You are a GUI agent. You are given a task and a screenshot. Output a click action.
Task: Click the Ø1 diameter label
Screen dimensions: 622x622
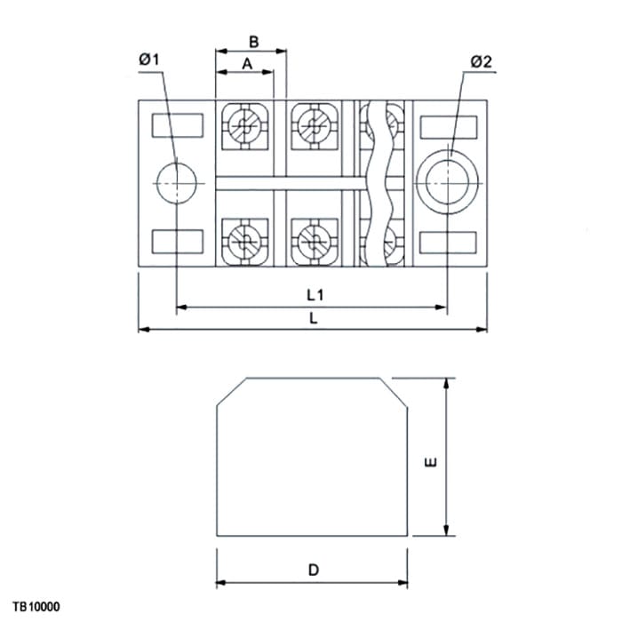click(x=148, y=60)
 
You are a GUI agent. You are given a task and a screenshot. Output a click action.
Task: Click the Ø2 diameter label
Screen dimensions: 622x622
click(x=482, y=61)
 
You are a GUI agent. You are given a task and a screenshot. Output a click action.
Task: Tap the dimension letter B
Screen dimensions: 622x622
click(x=254, y=42)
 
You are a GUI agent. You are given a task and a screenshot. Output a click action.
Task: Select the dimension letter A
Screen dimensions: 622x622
click(x=247, y=63)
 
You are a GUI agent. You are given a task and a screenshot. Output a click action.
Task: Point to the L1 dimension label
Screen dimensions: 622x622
click(x=315, y=295)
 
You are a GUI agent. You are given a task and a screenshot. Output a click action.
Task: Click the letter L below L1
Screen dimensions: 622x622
click(x=314, y=318)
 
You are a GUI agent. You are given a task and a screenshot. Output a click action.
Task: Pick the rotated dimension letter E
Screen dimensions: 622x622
click(x=431, y=462)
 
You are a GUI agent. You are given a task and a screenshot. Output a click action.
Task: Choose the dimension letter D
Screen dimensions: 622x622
click(x=314, y=570)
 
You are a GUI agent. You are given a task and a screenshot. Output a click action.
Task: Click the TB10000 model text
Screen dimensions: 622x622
click(x=36, y=607)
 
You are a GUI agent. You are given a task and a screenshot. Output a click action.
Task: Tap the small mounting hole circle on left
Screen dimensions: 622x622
click(x=177, y=183)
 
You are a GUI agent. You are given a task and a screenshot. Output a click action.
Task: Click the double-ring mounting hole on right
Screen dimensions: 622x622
click(x=447, y=182)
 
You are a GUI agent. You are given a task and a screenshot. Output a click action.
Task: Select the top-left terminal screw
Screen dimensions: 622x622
click(x=244, y=126)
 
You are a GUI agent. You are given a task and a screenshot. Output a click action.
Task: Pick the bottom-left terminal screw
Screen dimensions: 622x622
click(x=244, y=241)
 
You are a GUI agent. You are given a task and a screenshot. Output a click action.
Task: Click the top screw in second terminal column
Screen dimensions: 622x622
click(x=315, y=126)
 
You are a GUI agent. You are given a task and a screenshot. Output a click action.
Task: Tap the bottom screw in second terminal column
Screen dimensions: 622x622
click(x=315, y=241)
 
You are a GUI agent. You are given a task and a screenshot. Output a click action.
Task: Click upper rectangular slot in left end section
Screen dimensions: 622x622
click(x=178, y=125)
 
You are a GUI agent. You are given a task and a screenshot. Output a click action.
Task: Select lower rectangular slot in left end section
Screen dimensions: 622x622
click(x=178, y=242)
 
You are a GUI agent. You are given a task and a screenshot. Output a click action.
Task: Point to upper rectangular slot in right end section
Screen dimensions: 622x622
click(x=449, y=127)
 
